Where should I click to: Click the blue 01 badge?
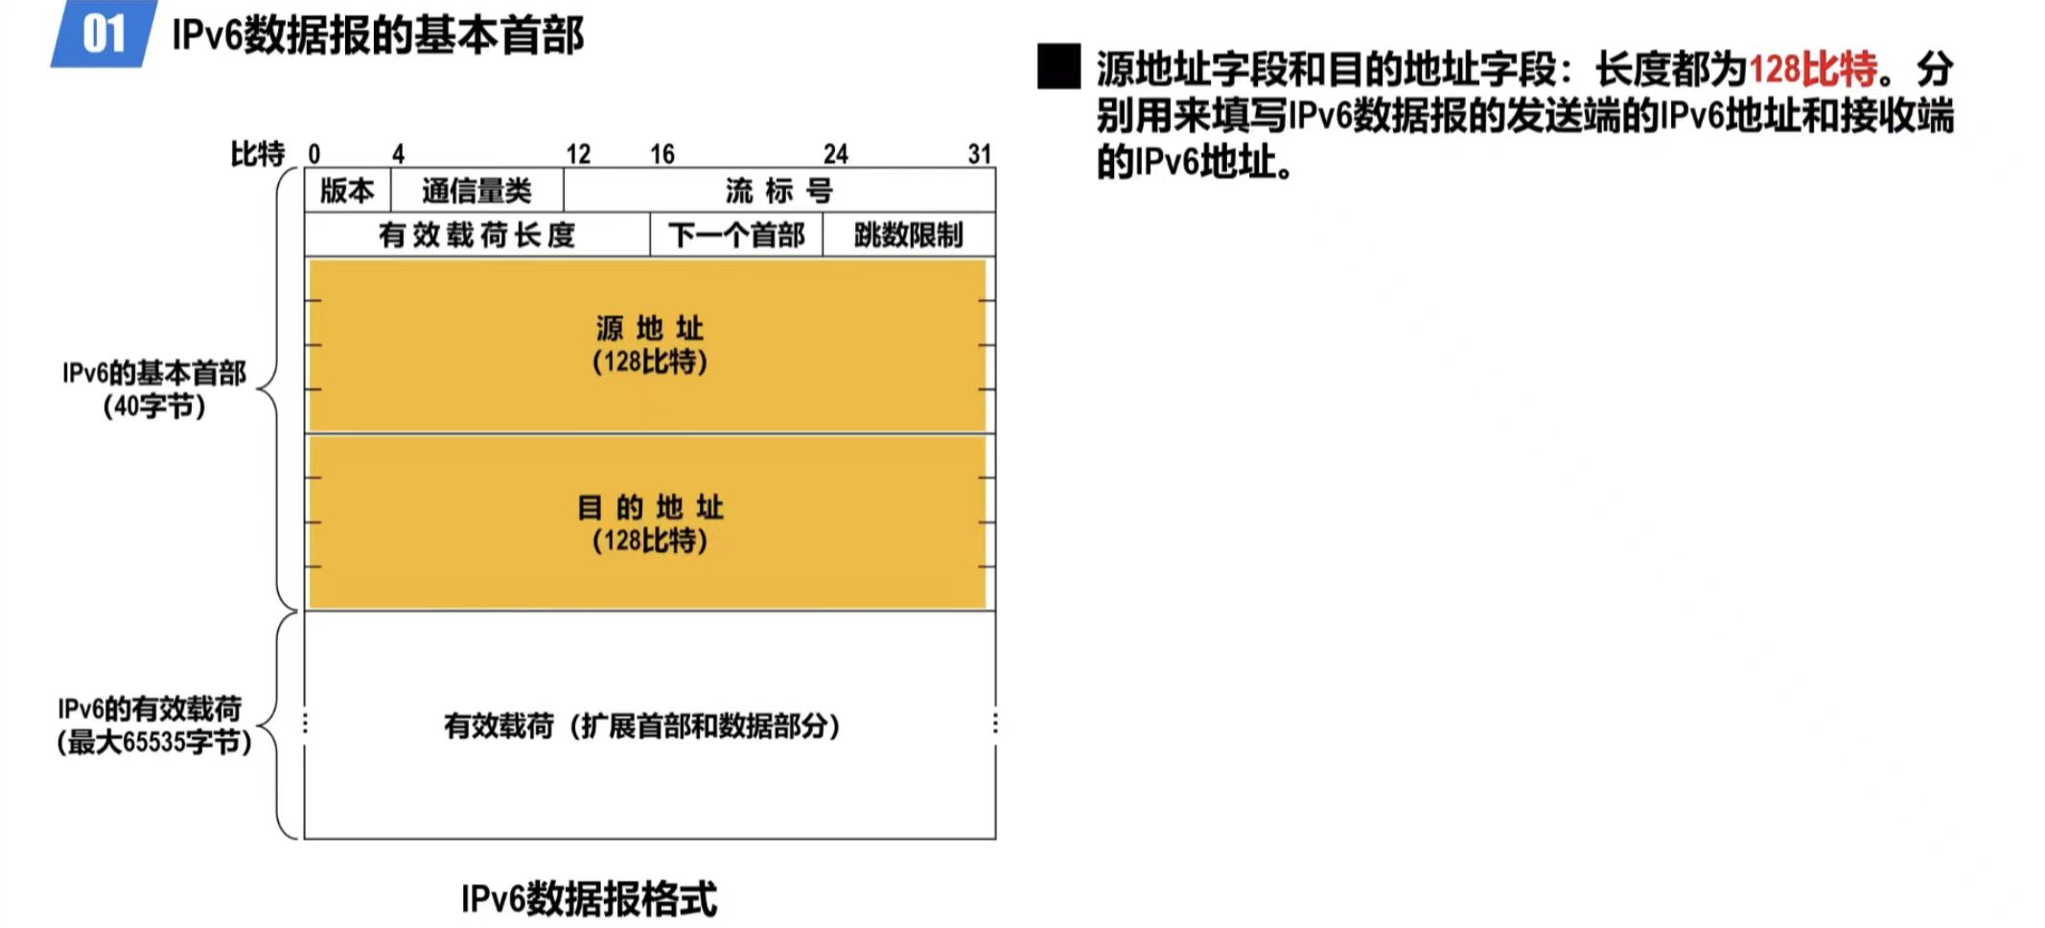tap(104, 35)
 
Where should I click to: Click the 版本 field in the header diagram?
tap(347, 191)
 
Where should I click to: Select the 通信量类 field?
tap(476, 191)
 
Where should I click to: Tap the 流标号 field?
tap(778, 191)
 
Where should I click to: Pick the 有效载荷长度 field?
tap(476, 235)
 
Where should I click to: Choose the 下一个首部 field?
tap(736, 235)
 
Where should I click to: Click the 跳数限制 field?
tap(908, 235)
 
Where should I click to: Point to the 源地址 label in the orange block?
tap(649, 329)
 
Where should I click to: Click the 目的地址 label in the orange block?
tap(649, 507)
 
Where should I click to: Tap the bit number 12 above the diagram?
tap(578, 154)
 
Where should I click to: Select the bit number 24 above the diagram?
tap(835, 154)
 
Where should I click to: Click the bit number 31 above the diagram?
tap(979, 154)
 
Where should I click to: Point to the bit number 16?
tap(662, 154)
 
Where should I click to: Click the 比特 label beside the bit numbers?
tap(257, 153)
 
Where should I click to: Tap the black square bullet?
tap(1058, 67)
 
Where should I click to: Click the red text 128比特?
tap(1813, 69)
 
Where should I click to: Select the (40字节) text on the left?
tap(154, 406)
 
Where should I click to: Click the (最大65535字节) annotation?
tap(154, 742)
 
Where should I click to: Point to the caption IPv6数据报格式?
tap(589, 899)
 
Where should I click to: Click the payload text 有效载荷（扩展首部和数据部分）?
tap(641, 726)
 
